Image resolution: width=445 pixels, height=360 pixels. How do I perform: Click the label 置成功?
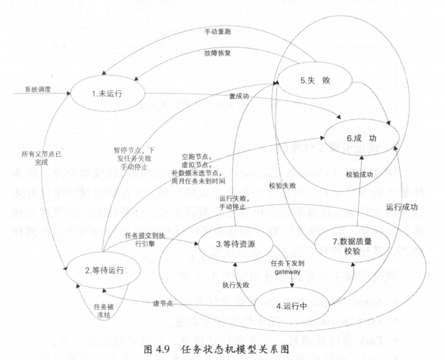(x=238, y=96)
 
